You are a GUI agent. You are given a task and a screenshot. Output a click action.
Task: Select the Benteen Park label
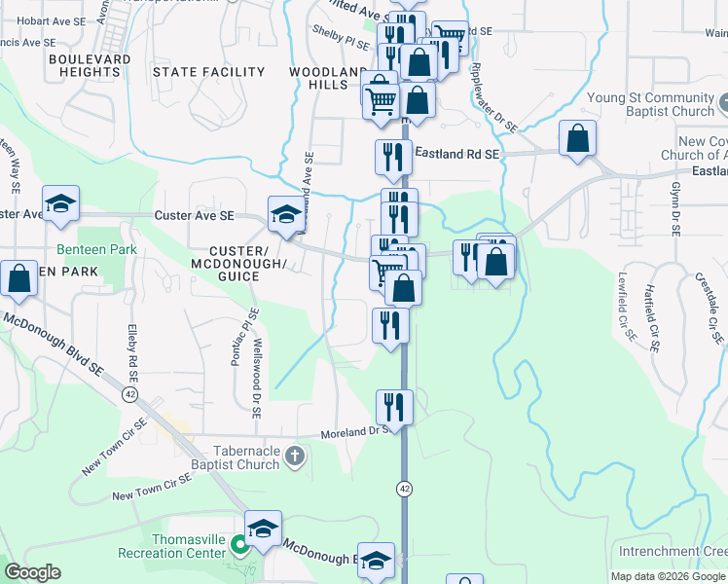click(96, 249)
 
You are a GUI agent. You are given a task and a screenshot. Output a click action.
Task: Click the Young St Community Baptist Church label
click(651, 105)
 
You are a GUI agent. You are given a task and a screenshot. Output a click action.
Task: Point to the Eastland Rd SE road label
click(457, 154)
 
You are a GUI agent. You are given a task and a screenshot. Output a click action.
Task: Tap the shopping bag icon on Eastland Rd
click(578, 138)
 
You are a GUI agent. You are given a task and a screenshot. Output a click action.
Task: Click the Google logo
click(32, 572)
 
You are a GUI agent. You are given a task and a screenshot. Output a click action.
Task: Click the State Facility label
click(208, 72)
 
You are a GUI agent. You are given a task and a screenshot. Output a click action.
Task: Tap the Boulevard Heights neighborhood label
click(89, 65)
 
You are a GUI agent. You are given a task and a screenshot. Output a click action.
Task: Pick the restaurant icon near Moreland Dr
click(394, 406)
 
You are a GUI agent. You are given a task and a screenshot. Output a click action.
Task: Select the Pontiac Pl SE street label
click(241, 337)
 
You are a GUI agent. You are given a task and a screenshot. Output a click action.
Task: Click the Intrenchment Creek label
click(672, 552)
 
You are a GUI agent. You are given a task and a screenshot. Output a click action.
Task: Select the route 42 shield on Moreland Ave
click(403, 486)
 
